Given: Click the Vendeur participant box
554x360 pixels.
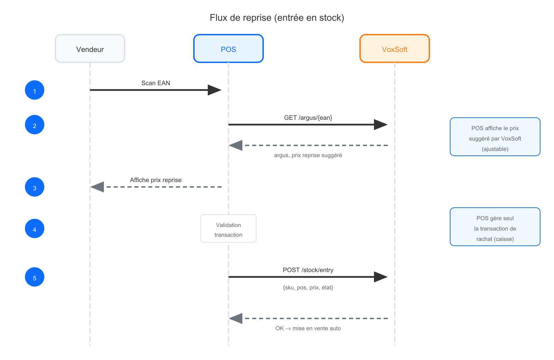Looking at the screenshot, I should [x=90, y=49].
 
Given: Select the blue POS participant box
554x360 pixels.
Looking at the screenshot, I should [x=229, y=49].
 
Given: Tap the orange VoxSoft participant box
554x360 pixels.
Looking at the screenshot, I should [x=395, y=49].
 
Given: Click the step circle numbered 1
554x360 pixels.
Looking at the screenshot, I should [x=35, y=90].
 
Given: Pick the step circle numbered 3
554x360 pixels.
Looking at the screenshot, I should [x=35, y=187].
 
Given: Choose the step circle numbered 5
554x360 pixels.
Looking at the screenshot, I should [x=35, y=277].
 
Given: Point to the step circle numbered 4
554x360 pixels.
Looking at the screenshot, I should [x=35, y=229].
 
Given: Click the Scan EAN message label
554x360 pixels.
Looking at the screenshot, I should [x=155, y=83].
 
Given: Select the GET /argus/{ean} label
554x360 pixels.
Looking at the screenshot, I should [x=308, y=118].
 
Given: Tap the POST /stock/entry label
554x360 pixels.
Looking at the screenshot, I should [x=308, y=270].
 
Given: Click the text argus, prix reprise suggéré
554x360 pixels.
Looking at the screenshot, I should [x=308, y=155].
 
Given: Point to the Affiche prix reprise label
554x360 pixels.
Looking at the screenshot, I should [x=155, y=180].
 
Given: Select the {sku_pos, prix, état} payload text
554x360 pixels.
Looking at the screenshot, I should [x=308, y=288].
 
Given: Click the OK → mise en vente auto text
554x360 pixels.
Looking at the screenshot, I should [x=308, y=328].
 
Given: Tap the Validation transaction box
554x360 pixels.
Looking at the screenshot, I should [x=229, y=229].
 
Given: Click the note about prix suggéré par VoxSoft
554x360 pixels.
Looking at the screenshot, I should [x=495, y=137].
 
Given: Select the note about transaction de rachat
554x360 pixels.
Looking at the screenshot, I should [x=495, y=227].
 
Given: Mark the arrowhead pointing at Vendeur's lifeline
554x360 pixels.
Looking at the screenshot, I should [x=97, y=187].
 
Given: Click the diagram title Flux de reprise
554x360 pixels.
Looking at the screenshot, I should [x=277, y=18].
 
